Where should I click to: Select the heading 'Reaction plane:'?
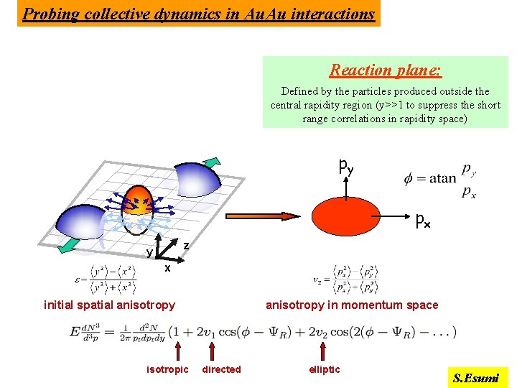386,70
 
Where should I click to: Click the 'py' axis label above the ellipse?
346,167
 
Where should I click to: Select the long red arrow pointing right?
245,216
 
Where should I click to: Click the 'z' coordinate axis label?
186,246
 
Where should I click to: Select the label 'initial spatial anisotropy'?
109,305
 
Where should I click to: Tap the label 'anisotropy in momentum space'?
352,305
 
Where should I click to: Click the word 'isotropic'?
167,369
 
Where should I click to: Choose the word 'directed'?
221,369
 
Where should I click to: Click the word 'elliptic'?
325,369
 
